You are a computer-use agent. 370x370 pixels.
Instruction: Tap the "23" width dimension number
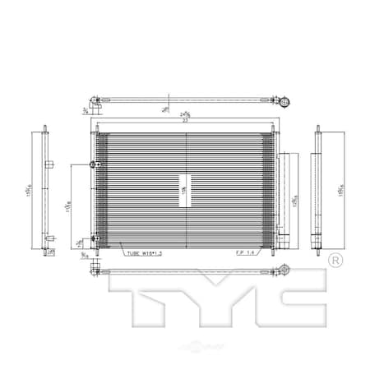(x=187, y=120)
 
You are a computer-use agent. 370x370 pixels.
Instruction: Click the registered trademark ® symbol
(x=335, y=261)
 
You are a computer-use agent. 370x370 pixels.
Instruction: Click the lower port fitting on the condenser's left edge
(x=95, y=238)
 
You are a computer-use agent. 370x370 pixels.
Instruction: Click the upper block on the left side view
(x=49, y=164)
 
